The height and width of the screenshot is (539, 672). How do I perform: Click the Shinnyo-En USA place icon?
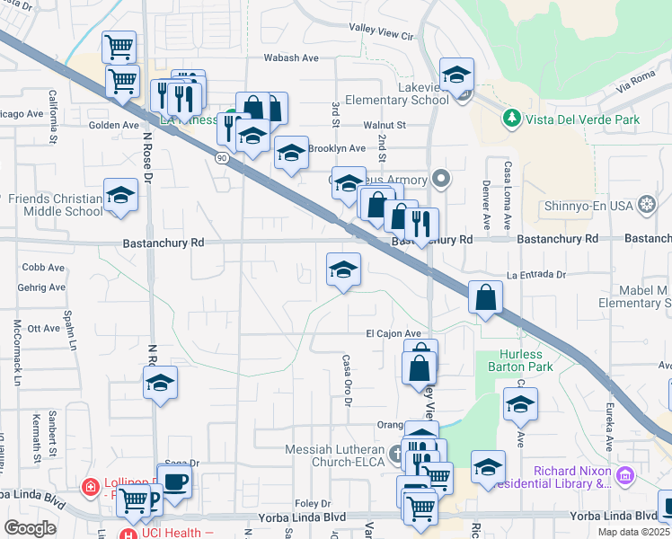point(646,206)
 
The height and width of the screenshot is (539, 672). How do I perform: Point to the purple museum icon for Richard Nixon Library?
point(625,473)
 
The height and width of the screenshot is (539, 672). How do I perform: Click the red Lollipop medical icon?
point(90,488)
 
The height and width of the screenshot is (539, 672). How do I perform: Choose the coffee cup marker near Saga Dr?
point(174,481)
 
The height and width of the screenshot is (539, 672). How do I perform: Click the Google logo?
point(30,527)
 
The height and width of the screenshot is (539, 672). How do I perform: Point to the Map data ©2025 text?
point(633,532)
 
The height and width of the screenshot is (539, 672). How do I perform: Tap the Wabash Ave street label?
point(291,57)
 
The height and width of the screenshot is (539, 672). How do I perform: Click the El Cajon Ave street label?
point(393,333)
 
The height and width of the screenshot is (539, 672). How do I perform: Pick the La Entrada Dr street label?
point(537,275)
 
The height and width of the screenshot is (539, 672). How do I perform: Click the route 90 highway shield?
point(221,157)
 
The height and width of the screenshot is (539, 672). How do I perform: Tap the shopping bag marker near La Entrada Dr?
point(485,298)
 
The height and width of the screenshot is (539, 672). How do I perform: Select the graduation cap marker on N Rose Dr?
point(161,384)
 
